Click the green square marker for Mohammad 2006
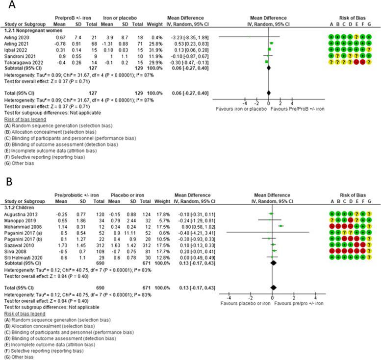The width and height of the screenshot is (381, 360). [280, 226]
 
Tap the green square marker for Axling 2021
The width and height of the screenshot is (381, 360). [271, 43]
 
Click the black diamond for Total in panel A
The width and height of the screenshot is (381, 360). [269, 92]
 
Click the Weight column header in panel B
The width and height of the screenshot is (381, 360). [160, 202]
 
